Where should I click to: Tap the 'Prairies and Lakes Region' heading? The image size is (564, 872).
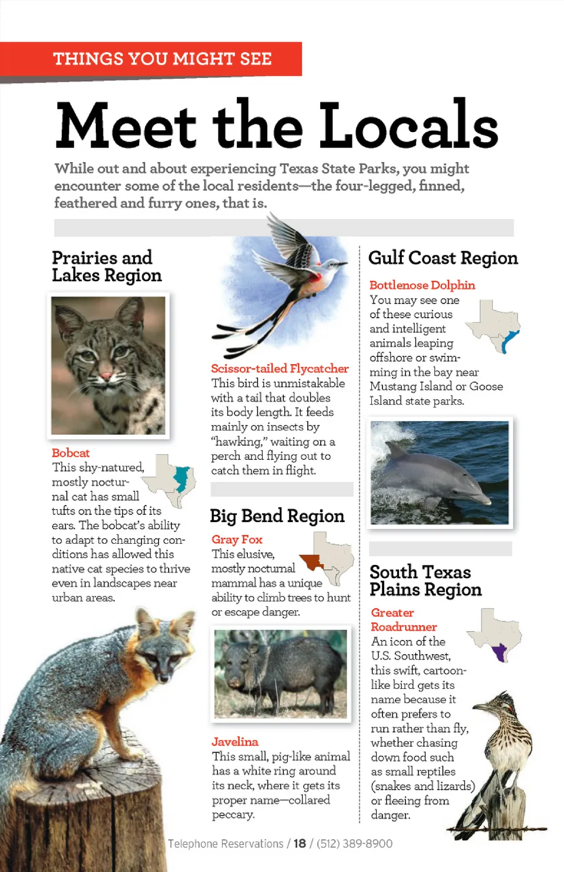(x=106, y=266)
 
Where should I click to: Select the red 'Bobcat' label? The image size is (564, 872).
(x=70, y=453)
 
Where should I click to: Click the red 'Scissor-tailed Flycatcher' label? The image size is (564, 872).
(x=280, y=368)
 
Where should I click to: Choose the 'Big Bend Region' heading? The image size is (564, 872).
(x=277, y=516)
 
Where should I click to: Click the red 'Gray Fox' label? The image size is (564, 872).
(x=237, y=539)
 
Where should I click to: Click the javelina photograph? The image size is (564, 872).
(x=281, y=674)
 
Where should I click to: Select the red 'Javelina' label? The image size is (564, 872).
(x=235, y=742)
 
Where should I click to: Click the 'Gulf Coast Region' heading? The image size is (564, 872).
(x=442, y=258)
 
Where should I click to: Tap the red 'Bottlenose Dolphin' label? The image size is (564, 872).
(x=422, y=285)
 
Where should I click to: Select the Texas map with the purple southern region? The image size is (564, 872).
(x=495, y=635)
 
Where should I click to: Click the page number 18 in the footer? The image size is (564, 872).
(x=300, y=844)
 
